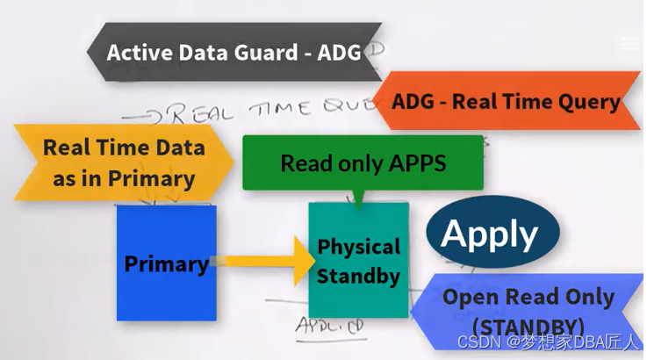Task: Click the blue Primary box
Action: (x=166, y=263)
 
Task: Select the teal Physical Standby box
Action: (x=358, y=261)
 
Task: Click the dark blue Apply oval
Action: (x=490, y=234)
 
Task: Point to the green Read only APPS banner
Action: (x=363, y=162)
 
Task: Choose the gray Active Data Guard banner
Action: (x=234, y=52)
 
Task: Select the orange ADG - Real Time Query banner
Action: (x=506, y=102)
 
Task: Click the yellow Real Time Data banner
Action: (x=123, y=162)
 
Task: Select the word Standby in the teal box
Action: (x=358, y=276)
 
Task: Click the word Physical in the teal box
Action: (x=358, y=247)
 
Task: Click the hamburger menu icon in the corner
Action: (x=629, y=44)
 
